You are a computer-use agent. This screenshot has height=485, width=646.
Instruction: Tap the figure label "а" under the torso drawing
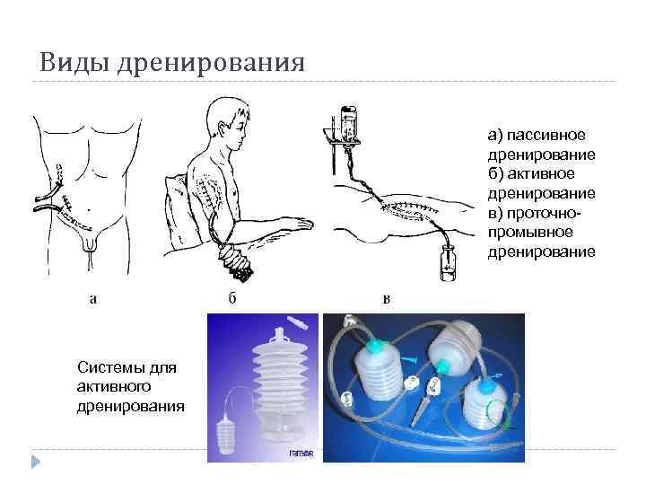click(94, 298)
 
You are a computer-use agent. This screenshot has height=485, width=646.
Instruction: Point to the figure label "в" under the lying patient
click(387, 298)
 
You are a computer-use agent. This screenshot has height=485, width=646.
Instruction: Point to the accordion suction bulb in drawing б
click(235, 261)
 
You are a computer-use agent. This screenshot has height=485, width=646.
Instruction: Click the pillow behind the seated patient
click(179, 211)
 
